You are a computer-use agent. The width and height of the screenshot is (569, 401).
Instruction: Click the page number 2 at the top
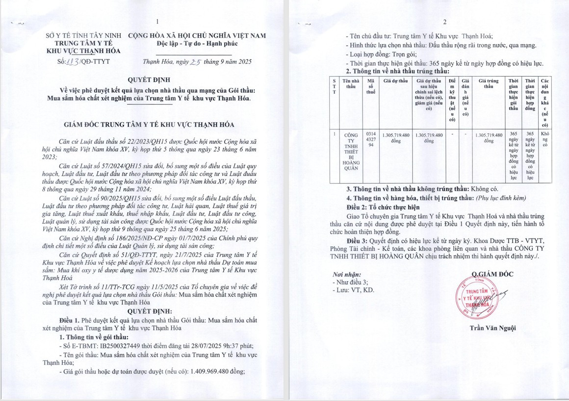pyautogui.click(x=445, y=22)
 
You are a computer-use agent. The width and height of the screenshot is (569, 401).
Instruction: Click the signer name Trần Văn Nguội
pyautogui.click(x=492, y=328)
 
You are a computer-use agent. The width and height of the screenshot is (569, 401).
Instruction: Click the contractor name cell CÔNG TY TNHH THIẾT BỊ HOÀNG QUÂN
pyautogui.click(x=351, y=151)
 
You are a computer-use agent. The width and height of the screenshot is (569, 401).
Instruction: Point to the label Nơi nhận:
pyautogui.click(x=347, y=275)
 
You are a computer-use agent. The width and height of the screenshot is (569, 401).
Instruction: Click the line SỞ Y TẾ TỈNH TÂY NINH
pyautogui.click(x=83, y=36)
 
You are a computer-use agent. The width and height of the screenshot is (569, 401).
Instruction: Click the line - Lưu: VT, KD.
pyautogui.click(x=353, y=291)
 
